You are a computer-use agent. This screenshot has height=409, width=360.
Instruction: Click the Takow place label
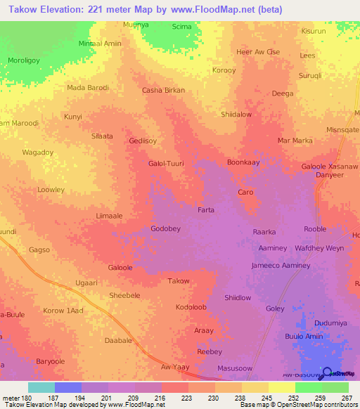(x=179, y=281)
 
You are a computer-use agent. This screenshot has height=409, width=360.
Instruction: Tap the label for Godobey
(x=167, y=229)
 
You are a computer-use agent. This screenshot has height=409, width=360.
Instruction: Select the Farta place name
(x=205, y=210)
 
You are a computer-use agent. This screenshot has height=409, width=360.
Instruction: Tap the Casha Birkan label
(x=163, y=91)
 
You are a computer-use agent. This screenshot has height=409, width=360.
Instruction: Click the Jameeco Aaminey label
(x=281, y=266)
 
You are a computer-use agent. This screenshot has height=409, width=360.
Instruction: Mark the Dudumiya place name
(x=332, y=323)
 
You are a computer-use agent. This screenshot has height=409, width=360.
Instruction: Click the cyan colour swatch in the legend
(x=41, y=387)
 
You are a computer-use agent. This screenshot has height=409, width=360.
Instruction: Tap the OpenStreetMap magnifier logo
(x=326, y=372)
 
